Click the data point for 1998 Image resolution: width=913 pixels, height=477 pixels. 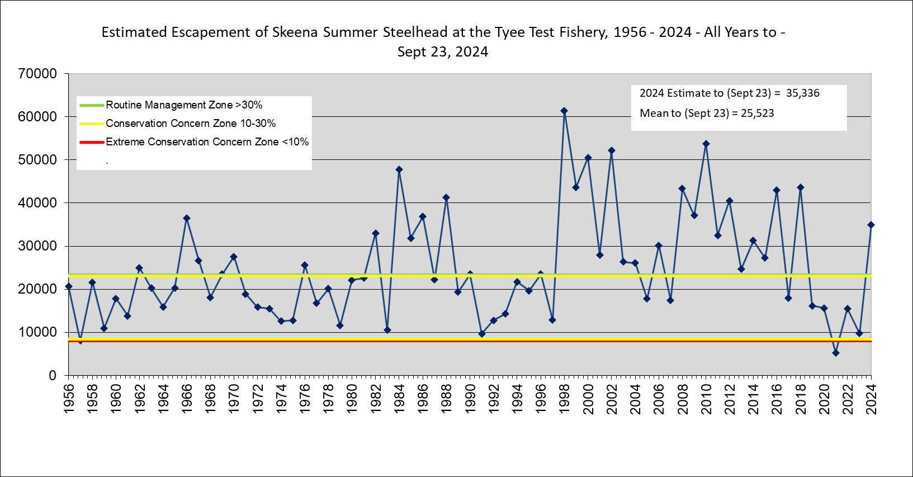[x=564, y=111]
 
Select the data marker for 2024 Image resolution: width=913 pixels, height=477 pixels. [x=871, y=225]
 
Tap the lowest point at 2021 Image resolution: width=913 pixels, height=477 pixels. [x=835, y=353]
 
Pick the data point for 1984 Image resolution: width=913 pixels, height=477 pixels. [x=399, y=169]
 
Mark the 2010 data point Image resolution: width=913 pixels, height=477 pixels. [x=706, y=144]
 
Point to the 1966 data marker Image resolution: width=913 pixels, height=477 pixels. [x=187, y=218]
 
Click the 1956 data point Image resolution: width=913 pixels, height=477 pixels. [x=69, y=286]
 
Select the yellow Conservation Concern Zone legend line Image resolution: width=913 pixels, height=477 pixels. [x=92, y=124]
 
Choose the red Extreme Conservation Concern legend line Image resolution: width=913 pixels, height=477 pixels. [x=92, y=142]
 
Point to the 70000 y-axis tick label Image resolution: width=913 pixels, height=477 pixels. [x=37, y=74]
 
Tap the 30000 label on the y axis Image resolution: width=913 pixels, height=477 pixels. [x=37, y=246]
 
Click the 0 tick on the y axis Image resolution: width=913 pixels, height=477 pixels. [x=52, y=376]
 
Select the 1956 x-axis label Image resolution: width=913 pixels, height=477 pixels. [x=69, y=399]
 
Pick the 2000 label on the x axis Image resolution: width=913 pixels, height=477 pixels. [x=588, y=399]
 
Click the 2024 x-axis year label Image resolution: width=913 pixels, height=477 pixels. [x=871, y=399]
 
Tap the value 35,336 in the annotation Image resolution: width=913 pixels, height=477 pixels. [x=802, y=93]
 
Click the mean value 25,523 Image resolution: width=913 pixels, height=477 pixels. [x=757, y=114]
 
